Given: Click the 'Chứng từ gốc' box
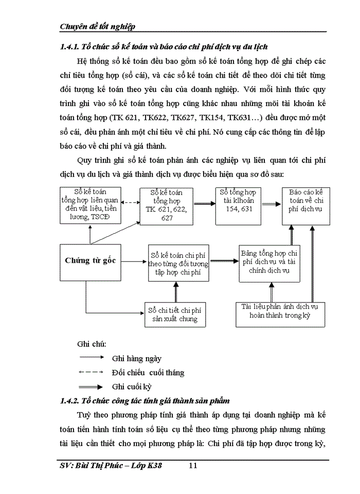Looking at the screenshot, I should click(x=90, y=260).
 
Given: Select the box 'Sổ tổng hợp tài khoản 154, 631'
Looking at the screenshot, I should click(x=237, y=205).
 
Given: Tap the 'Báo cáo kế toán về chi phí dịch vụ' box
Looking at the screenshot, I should click(x=302, y=205).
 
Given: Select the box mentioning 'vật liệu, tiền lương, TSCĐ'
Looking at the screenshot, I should click(x=91, y=205).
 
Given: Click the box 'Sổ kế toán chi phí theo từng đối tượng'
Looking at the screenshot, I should click(x=178, y=263).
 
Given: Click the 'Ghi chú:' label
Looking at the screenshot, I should click(x=88, y=344).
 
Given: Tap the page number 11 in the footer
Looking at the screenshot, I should click(x=193, y=466).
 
